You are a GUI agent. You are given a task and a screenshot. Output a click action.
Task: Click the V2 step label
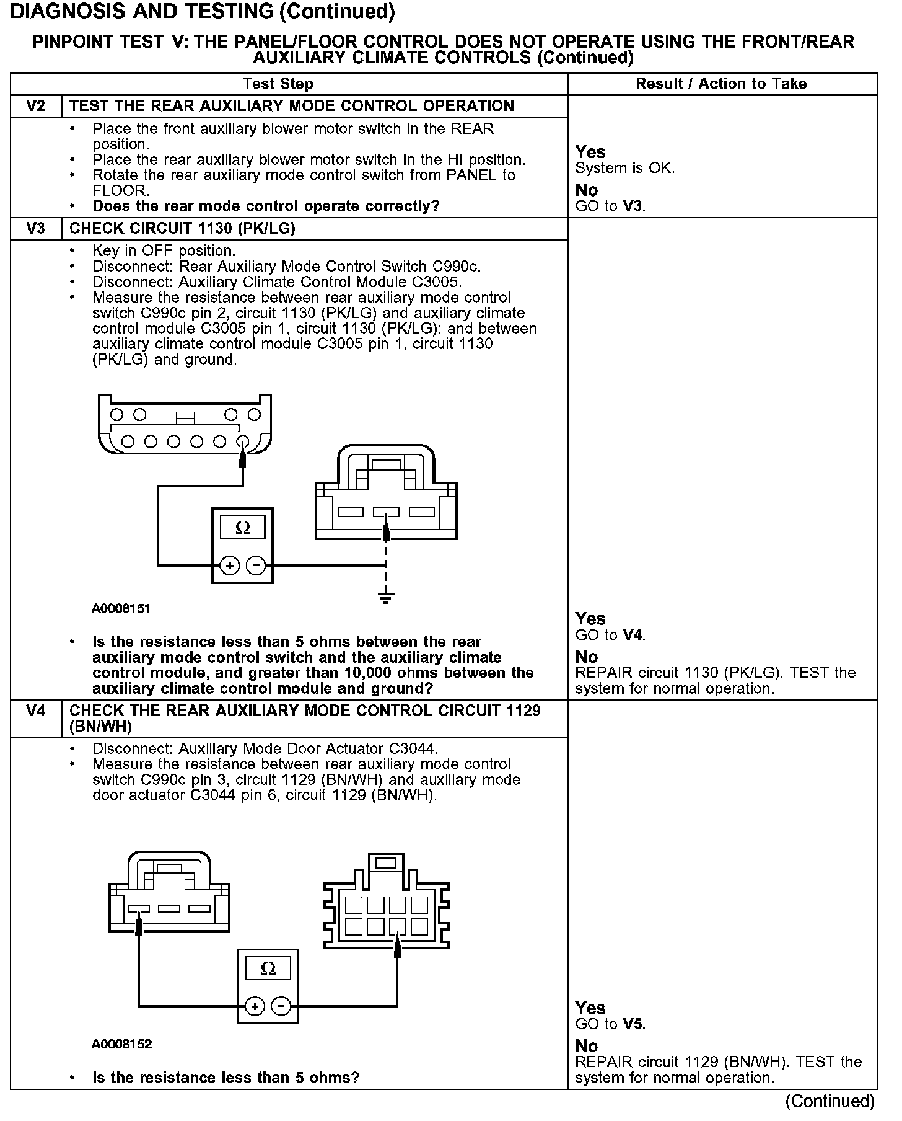click(36, 106)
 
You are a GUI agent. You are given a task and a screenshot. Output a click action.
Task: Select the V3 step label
click(36, 228)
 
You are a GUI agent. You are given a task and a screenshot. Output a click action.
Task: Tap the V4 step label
click(36, 711)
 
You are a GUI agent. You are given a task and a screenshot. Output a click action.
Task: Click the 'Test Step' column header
click(278, 84)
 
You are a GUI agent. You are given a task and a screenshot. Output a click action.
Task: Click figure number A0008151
click(121, 608)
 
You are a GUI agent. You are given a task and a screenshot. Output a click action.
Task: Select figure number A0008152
click(121, 1044)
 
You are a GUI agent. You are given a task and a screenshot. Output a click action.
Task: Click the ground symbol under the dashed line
click(386, 598)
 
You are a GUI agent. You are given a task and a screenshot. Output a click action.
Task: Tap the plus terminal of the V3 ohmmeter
click(230, 565)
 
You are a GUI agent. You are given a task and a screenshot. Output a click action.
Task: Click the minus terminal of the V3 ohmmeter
click(255, 565)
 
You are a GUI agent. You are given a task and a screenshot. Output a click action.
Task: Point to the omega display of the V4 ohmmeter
click(268, 968)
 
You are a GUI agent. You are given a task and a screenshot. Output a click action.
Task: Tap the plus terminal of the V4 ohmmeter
click(255, 1006)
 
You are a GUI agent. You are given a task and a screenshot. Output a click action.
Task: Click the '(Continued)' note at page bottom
click(830, 1101)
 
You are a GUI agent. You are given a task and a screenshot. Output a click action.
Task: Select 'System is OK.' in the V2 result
click(624, 168)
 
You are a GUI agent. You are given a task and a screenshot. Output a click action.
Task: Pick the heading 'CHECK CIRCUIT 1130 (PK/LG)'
click(182, 228)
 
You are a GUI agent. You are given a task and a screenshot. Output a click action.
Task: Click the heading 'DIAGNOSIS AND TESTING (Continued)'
click(203, 11)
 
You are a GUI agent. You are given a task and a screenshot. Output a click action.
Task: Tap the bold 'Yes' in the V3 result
click(590, 618)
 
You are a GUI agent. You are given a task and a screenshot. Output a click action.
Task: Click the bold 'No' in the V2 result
click(586, 190)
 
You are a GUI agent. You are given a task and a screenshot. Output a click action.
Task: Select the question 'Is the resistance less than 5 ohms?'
click(225, 1078)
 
